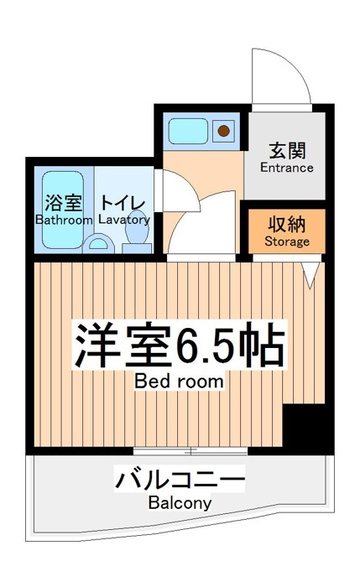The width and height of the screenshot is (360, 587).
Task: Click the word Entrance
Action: click(287, 168)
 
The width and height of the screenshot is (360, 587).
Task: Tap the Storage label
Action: click(287, 242)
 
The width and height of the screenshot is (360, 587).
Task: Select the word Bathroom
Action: click(64, 220)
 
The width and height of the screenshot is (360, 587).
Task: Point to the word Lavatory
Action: click(124, 220)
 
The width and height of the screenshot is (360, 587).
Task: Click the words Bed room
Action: click(179, 381)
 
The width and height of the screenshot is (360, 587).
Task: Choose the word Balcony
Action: click(180, 502)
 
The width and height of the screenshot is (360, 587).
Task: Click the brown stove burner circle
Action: click(224, 131)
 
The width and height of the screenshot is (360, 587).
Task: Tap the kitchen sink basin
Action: click(188, 131)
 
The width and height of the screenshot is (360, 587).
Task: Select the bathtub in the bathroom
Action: click(63, 210)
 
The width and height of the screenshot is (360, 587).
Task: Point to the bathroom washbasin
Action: click(98, 243)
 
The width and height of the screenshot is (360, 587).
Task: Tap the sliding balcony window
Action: click(190, 451)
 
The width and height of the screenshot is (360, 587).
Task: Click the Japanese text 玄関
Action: click(287, 151)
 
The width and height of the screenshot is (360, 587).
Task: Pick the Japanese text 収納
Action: click(287, 224)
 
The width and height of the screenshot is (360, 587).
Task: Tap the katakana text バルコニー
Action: click(180, 479)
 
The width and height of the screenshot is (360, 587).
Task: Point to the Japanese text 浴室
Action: click(63, 203)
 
